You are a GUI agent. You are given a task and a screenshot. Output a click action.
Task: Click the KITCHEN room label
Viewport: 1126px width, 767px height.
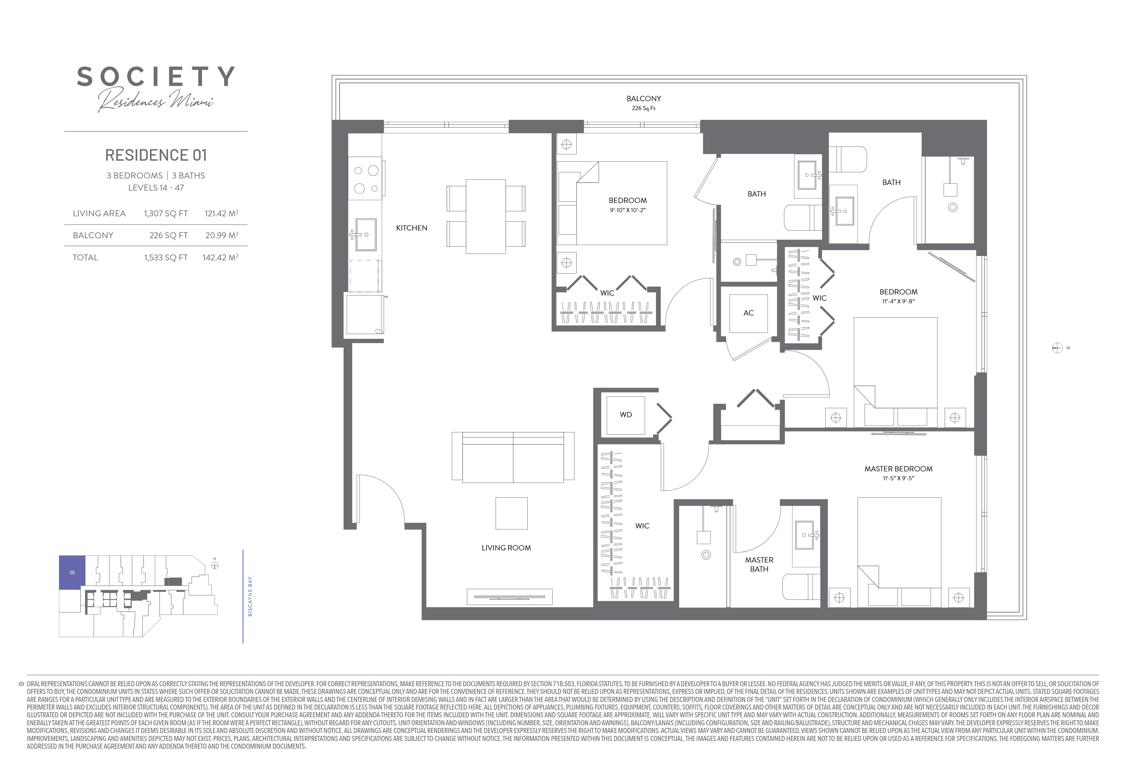point(411,228)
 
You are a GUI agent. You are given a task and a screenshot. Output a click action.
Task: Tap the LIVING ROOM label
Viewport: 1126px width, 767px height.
point(506,548)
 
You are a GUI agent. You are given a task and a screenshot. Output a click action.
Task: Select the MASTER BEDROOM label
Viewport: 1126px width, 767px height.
point(898,469)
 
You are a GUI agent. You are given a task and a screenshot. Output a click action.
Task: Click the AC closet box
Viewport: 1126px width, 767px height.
point(749,313)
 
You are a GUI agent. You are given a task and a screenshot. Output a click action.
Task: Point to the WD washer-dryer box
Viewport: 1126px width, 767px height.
point(625,415)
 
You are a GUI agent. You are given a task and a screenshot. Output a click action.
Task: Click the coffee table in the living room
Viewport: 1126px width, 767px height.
point(511,513)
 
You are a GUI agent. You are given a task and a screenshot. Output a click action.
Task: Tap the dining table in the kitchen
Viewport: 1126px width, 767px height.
point(485,216)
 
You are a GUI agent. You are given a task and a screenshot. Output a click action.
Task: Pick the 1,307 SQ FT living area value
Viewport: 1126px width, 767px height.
point(166,214)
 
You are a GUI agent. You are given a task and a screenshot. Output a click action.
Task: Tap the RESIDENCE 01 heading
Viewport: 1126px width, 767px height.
point(156,155)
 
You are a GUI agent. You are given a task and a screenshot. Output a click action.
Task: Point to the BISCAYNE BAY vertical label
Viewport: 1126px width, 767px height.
point(250,597)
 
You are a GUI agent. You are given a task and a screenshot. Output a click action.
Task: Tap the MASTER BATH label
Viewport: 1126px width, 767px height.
point(759,565)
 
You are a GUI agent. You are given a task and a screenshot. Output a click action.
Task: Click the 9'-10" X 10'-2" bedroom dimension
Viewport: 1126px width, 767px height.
point(628,210)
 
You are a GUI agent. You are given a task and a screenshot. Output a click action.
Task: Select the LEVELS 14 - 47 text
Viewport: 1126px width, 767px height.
point(156,188)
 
